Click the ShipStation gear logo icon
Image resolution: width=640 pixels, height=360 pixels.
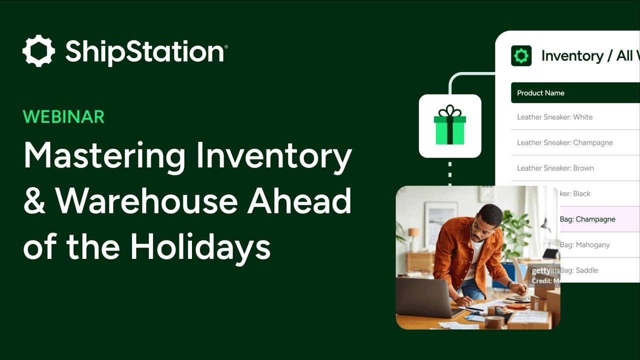tap(38, 51)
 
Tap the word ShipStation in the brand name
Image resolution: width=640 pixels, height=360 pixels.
tap(145, 52)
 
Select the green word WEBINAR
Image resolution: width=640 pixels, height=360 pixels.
tap(63, 117)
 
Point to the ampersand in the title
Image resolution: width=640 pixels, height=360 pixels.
tap(34, 201)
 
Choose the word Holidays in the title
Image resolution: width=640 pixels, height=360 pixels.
tap(200, 246)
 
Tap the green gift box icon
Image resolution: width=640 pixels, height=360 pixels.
tap(449, 125)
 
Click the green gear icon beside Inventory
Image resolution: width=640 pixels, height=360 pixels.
tap(521, 56)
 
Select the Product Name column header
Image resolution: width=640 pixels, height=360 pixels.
tap(540, 93)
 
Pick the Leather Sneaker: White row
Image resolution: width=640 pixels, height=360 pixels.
tap(554, 117)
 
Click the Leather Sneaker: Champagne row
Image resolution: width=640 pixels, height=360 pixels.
tap(564, 142)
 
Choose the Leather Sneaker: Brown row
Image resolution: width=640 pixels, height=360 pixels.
tap(555, 168)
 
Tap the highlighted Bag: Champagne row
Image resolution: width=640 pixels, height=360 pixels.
tap(588, 219)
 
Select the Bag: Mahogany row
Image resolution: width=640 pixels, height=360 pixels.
tap(585, 245)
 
